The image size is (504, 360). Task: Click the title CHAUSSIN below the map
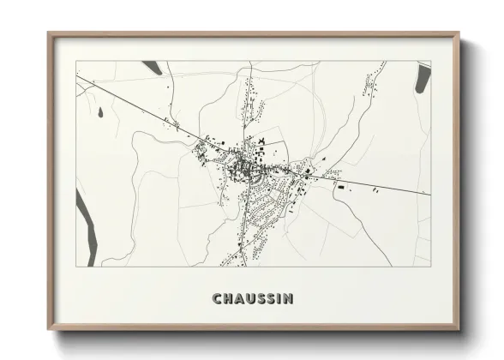[252, 298]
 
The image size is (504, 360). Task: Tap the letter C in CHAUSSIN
[216, 298]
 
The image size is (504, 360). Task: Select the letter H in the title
[227, 298]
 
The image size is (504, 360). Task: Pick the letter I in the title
[279, 298]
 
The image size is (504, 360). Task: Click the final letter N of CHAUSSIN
[288, 298]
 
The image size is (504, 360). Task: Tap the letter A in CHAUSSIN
[238, 298]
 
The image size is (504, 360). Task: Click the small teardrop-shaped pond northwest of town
[100, 112]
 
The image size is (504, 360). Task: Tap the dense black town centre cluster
[249, 163]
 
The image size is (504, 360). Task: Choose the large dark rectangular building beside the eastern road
[340, 186]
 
